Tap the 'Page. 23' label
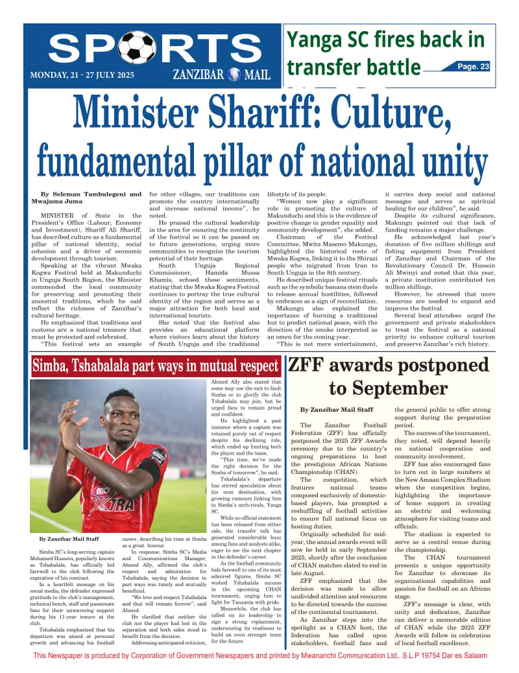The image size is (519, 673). click(x=473, y=66)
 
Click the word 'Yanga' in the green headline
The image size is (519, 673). click(x=315, y=40)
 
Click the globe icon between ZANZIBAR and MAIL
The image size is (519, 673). click(x=234, y=75)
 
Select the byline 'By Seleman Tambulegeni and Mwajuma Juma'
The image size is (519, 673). click(x=90, y=198)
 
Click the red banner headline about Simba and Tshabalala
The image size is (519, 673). click(x=156, y=366)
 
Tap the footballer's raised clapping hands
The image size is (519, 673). click(x=69, y=428)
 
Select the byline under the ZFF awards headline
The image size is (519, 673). click(x=337, y=410)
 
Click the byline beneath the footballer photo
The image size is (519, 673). click(x=68, y=539)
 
